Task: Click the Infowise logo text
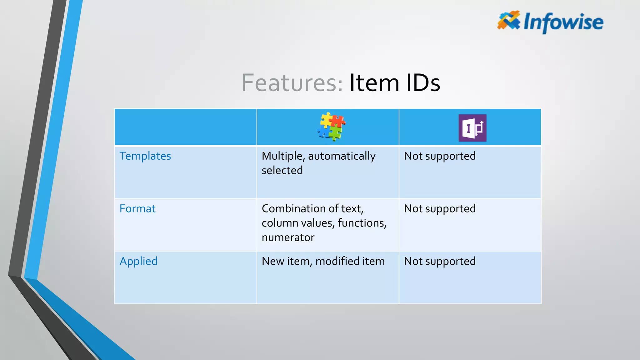coord(563,22)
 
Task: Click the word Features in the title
coord(292,83)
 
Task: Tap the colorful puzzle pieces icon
coord(331,127)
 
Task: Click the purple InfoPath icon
coord(472,128)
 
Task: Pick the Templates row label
coord(145,156)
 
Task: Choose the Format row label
coord(137,208)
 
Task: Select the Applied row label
coord(138,261)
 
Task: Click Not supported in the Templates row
coord(440,156)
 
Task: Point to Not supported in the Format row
coord(440,208)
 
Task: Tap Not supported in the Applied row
coord(440,261)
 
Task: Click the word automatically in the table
coord(342,156)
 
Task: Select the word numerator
coord(288,237)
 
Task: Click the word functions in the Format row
coord(362,223)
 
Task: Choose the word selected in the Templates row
coord(282,170)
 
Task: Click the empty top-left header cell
coord(186,127)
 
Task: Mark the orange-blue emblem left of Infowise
coord(508,20)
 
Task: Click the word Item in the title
coord(374,83)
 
